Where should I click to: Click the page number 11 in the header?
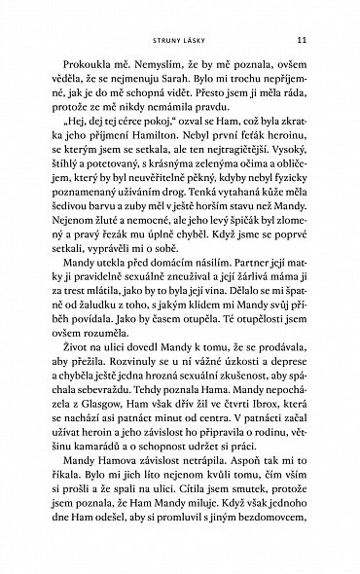click(x=303, y=40)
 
